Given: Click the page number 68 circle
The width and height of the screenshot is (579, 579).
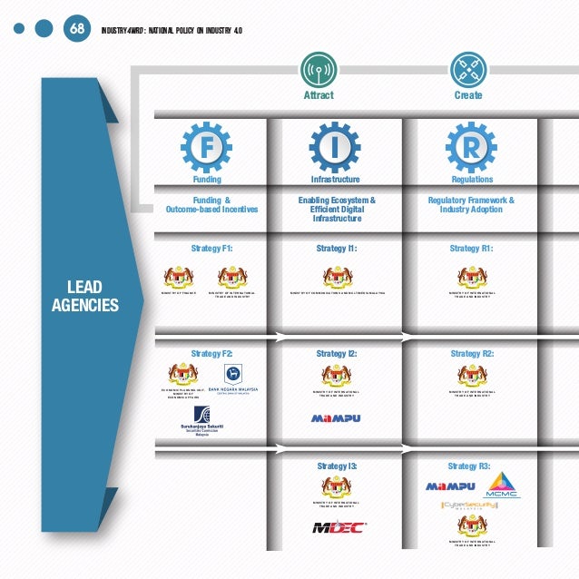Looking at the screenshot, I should tap(76, 28).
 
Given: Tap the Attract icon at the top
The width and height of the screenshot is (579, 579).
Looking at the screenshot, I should tap(318, 69).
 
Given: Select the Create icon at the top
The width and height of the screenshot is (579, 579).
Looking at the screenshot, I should tap(468, 69).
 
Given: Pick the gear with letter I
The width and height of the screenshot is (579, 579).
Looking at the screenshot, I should tap(335, 146).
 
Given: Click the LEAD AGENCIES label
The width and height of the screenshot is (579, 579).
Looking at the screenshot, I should tap(85, 297).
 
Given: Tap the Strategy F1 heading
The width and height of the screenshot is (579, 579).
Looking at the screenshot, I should tap(213, 248).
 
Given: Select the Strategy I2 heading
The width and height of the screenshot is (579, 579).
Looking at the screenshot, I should tap(336, 354).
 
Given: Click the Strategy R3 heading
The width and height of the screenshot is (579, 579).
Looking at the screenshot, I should tap(469, 466).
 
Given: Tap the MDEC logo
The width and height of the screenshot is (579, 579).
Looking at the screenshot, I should tap(338, 527).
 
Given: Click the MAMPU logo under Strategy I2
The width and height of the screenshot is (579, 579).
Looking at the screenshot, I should tap(337, 418).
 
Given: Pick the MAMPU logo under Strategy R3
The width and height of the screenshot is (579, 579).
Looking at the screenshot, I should tap(450, 486).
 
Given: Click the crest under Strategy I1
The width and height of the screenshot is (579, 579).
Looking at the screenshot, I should tap(336, 277).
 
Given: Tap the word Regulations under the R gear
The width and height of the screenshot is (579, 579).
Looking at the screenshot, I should tap(471, 180).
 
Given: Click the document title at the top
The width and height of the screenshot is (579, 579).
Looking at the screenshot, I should tap(172, 29).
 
